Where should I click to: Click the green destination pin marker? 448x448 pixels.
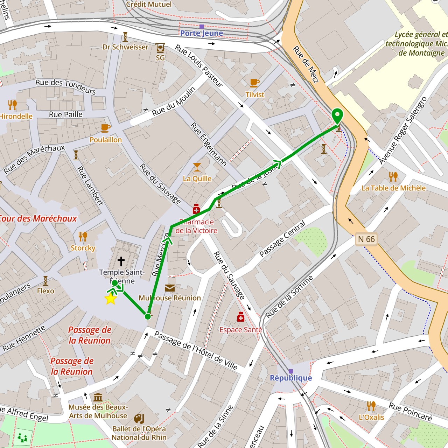337,116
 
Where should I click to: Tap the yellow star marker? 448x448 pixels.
111,299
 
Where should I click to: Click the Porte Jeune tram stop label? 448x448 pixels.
202,33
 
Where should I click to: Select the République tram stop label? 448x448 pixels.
290,378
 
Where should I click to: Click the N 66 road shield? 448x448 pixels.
366,239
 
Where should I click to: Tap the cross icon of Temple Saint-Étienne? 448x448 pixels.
121,261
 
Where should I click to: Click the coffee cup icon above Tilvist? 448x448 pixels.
254,83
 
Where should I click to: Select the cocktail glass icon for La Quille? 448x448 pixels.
197,167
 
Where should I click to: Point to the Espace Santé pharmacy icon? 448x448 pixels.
240,317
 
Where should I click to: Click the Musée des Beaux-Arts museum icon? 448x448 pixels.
98,397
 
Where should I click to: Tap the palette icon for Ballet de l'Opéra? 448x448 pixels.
139,419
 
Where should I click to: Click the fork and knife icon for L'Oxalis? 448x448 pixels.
371,406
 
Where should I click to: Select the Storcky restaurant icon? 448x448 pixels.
83,237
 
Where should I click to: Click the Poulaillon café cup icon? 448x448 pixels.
105,128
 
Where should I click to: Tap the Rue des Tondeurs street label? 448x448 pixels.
65,86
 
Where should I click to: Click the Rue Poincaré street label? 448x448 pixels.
410,412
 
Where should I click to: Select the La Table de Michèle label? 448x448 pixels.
393,188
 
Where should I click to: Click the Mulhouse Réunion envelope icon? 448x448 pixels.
170,288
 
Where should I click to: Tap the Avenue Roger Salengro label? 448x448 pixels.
403,130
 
